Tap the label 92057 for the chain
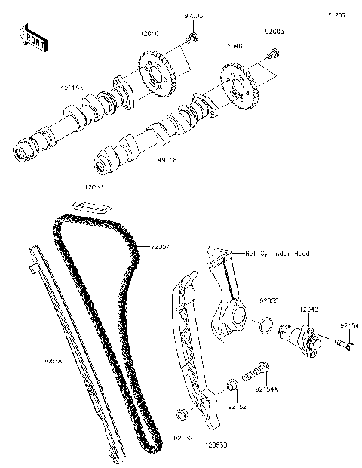point(159,246)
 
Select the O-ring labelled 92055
point(265,325)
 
